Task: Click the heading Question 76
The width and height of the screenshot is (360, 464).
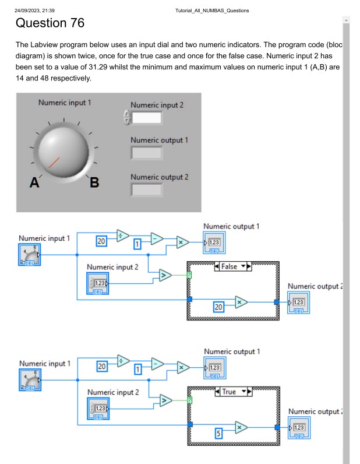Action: (x=50, y=23)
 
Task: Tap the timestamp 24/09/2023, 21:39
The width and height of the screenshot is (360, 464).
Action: (x=35, y=10)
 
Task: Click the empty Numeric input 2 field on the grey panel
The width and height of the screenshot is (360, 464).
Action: (x=146, y=118)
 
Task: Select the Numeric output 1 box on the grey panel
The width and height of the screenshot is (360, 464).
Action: (x=146, y=153)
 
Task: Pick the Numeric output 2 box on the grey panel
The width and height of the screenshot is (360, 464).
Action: (x=146, y=189)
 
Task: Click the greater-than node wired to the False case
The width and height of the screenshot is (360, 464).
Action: (x=165, y=275)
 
